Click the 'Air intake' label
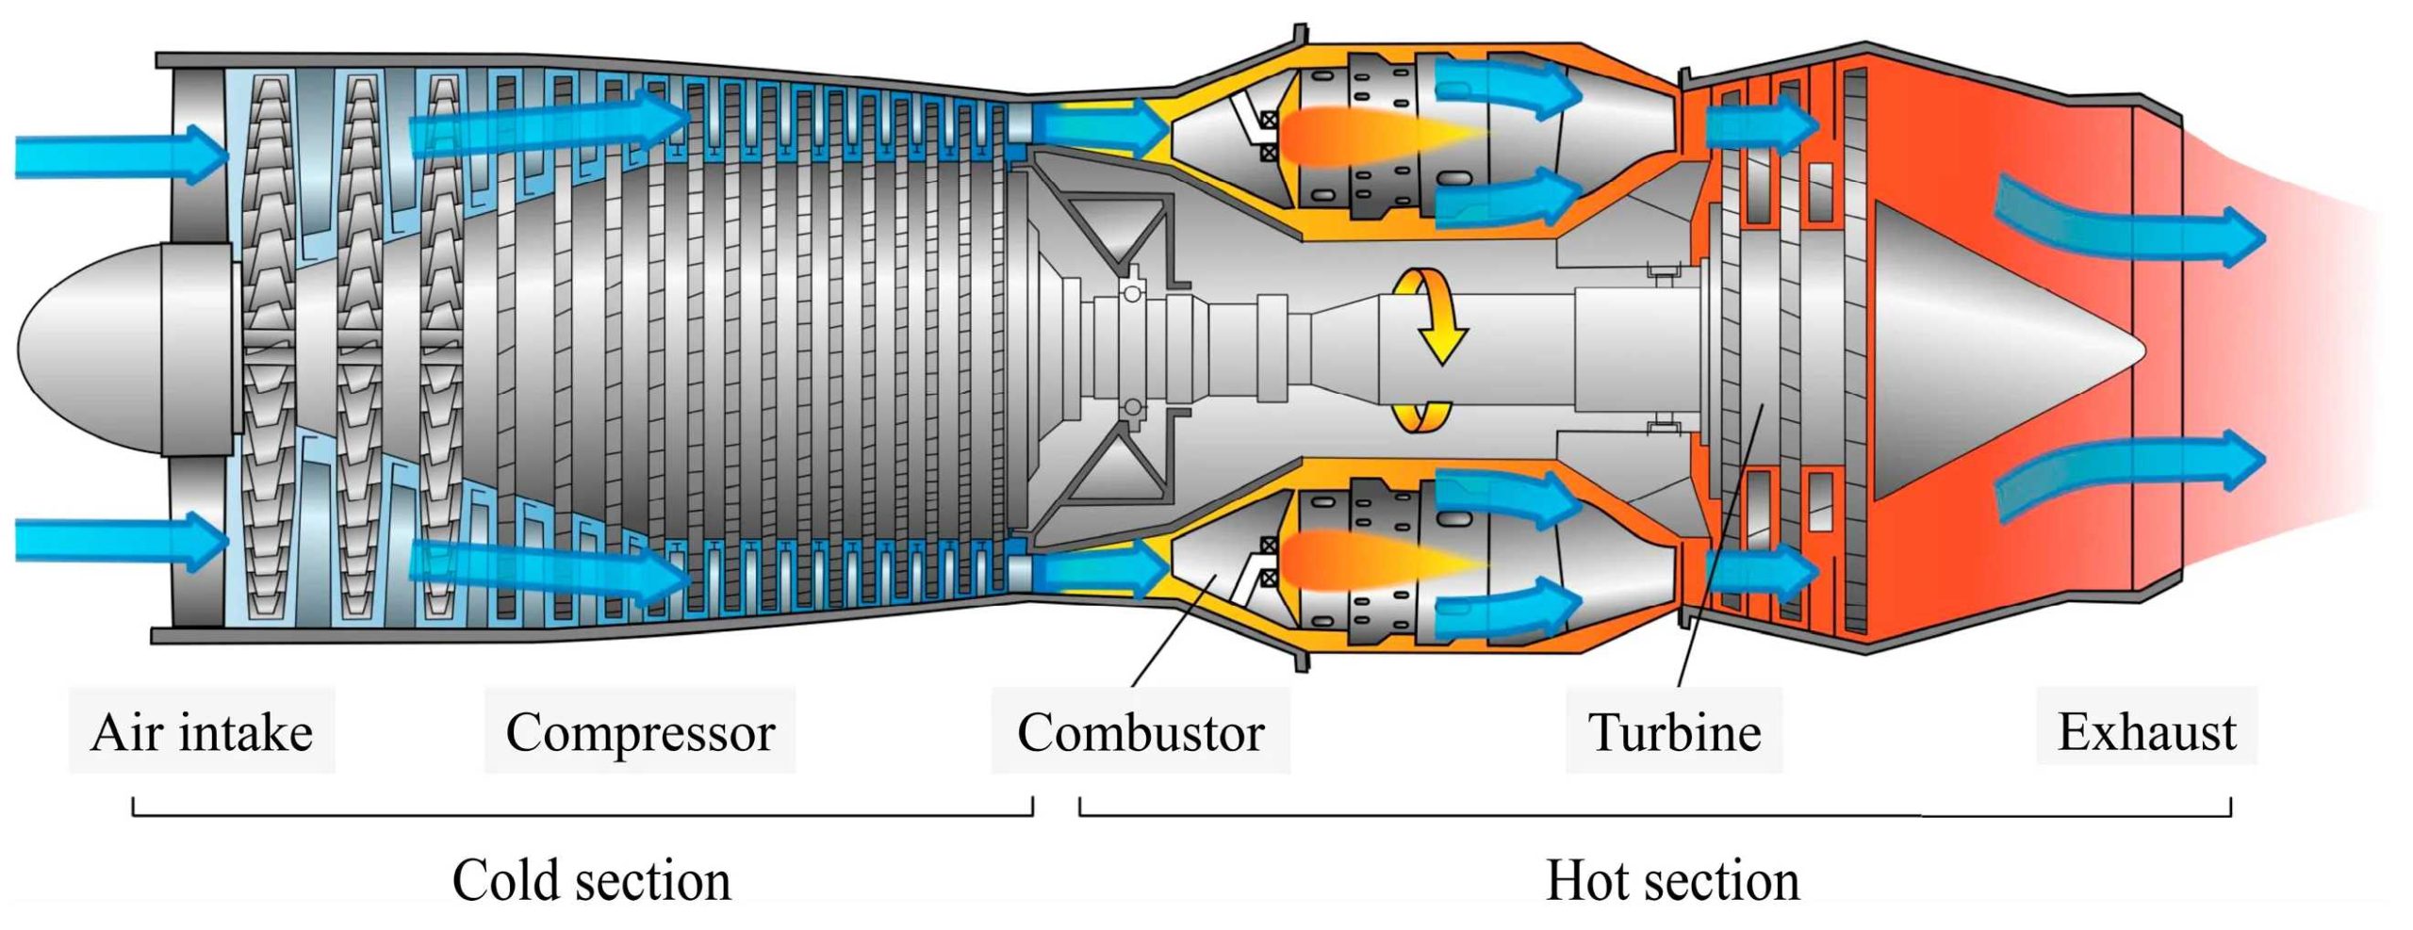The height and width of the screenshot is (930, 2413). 202,732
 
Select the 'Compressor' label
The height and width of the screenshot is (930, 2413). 640,732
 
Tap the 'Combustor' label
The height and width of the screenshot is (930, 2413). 1141,732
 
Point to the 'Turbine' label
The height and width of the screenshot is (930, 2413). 1674,732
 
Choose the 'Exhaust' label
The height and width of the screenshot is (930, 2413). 2146,730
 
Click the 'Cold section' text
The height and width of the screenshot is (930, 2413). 591,880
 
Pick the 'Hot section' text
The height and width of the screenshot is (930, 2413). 1672,880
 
